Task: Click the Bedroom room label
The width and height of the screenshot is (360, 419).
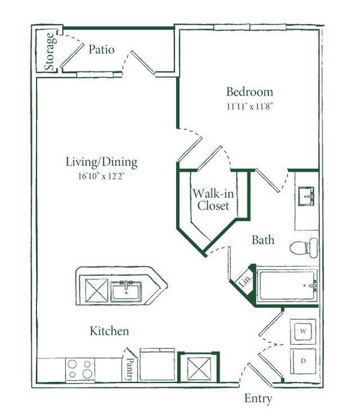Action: [250, 92]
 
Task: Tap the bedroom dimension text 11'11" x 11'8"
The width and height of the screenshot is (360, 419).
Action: [250, 107]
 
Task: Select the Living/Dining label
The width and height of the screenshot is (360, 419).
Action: [102, 162]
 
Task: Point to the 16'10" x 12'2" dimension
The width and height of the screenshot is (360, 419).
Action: [102, 176]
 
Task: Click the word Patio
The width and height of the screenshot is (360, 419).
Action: [102, 50]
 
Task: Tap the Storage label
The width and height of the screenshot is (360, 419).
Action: [50, 51]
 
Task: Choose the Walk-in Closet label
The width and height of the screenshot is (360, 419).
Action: [213, 199]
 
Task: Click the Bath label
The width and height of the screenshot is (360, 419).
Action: [263, 240]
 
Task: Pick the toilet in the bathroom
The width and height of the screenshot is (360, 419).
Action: [304, 248]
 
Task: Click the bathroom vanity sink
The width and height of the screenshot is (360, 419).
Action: [306, 196]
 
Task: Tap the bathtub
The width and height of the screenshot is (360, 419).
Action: [288, 286]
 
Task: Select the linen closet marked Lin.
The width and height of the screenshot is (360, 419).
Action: [245, 281]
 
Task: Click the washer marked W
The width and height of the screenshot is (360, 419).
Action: [303, 332]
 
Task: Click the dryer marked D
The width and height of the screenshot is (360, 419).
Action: [303, 361]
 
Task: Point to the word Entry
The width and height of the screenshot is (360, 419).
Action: [258, 399]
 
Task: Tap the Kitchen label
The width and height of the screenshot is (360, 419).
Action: [109, 331]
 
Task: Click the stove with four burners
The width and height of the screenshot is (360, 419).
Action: [80, 369]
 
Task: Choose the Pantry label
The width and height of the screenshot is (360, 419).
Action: [130, 369]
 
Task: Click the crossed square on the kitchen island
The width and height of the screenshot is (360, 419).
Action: [96, 291]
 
